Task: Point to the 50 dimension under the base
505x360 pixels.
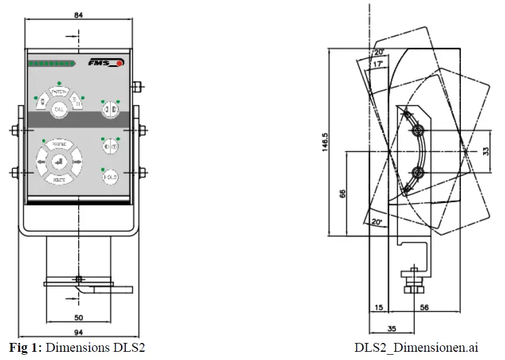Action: (x=78, y=317)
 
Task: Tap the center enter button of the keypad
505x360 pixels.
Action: (x=59, y=161)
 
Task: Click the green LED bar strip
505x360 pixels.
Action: (x=52, y=63)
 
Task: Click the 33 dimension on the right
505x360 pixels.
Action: (x=486, y=151)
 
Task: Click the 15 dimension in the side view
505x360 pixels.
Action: (x=378, y=307)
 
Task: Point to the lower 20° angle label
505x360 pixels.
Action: (x=376, y=222)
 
